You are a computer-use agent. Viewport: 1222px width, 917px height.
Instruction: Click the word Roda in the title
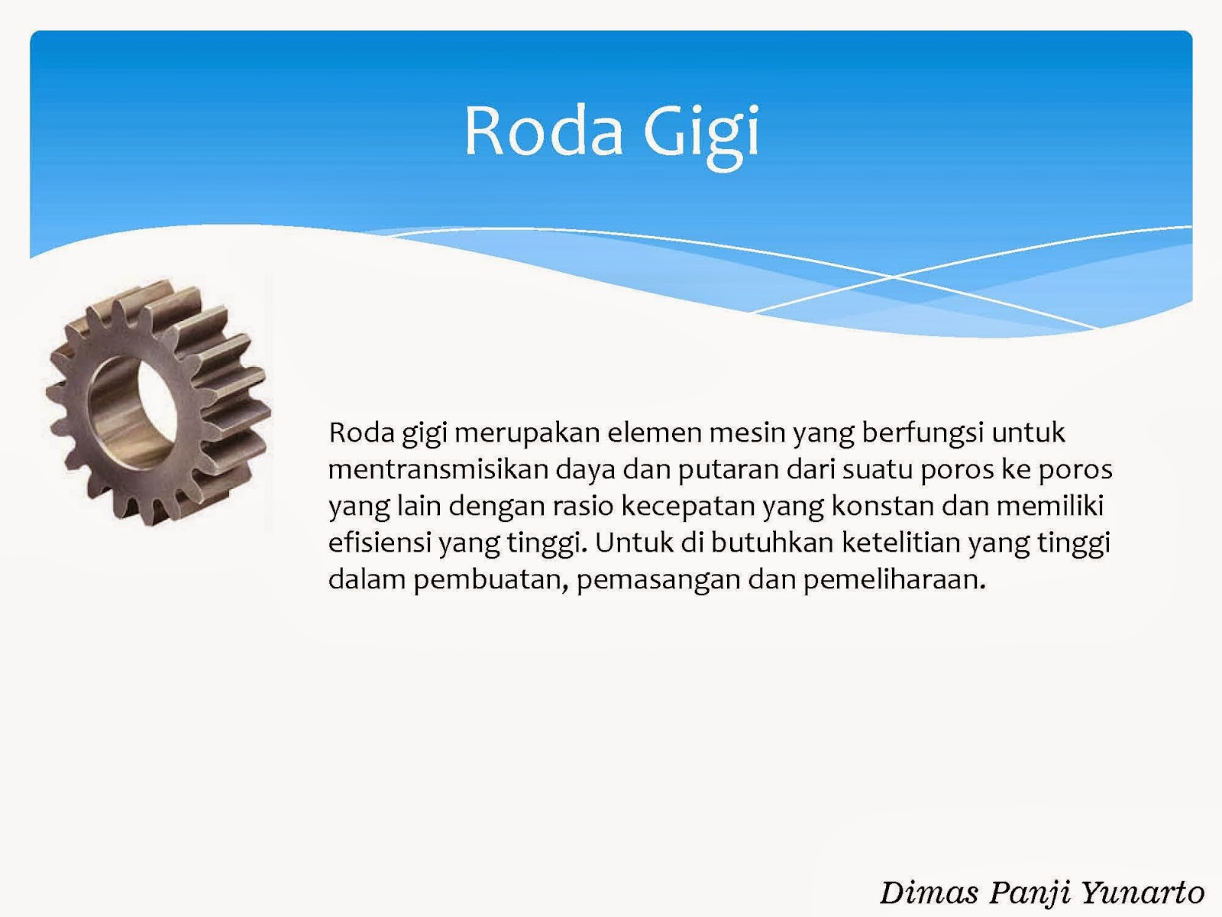click(x=543, y=131)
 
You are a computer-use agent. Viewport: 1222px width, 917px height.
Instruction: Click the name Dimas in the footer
click(x=928, y=893)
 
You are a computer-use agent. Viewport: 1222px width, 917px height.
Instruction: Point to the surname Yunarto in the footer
click(x=1143, y=893)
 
